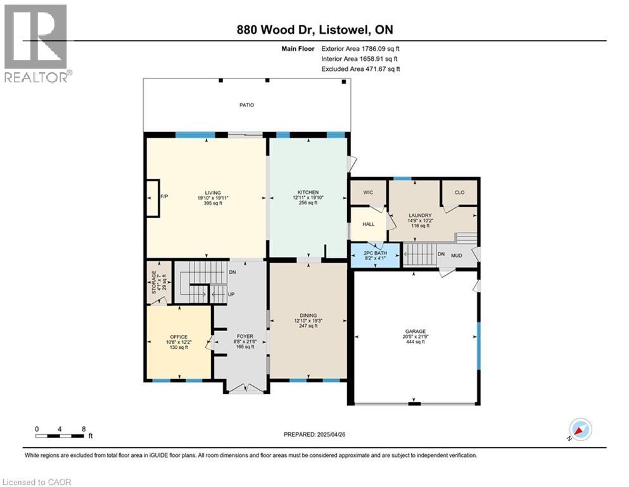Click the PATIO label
[x=246, y=105]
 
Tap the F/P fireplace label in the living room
[x=164, y=197]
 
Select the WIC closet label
[x=368, y=192]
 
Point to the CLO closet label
[x=459, y=192]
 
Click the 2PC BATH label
[x=375, y=253]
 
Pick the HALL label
[x=368, y=224]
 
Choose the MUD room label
[x=457, y=256]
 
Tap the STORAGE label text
[x=154, y=282]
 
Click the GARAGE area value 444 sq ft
[x=416, y=342]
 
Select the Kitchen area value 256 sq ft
[x=308, y=203]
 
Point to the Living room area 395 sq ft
[x=213, y=203]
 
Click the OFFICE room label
[x=179, y=337]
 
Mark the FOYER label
[x=245, y=337]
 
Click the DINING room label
[x=308, y=316]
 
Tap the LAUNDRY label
[x=420, y=216]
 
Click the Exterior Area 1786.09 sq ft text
[x=360, y=49]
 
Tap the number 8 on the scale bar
[x=84, y=429]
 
